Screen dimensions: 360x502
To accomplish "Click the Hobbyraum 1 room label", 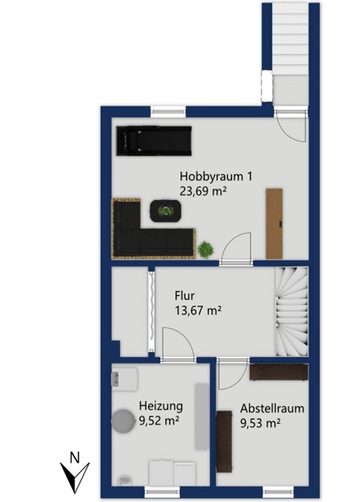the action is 216,176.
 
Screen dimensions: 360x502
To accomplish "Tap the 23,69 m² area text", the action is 203,192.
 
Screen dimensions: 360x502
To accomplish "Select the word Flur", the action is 184,295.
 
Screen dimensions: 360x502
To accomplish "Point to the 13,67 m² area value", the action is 198,310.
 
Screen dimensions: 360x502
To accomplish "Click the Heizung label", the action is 161,406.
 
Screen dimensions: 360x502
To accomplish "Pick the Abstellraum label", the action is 272,409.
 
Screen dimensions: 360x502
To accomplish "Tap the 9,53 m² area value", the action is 260,423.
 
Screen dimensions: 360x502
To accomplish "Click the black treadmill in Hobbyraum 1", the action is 154,141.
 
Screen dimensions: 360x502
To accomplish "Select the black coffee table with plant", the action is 166,211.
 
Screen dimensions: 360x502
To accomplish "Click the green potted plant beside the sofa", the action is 205,250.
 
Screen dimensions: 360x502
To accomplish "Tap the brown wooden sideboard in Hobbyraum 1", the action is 275,224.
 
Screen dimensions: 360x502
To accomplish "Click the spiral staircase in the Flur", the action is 292,312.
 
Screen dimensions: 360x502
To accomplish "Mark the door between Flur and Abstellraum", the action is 233,374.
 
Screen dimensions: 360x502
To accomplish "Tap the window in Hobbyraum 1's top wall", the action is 168,111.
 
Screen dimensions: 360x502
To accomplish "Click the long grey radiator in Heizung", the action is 201,417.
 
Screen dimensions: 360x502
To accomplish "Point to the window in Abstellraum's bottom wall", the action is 278,489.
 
